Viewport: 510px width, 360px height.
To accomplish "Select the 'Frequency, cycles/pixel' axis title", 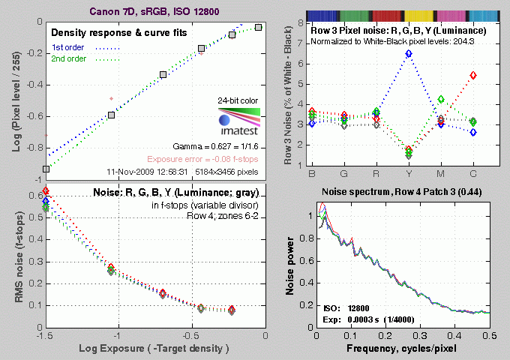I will [403, 350].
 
